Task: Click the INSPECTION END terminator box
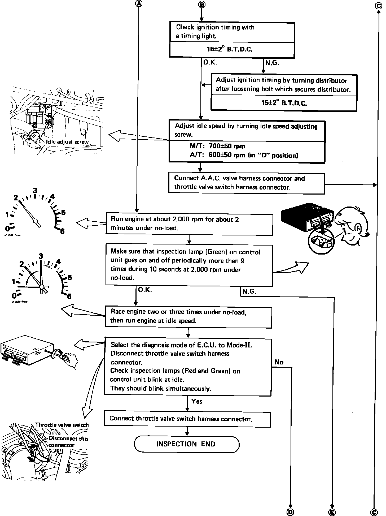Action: tap(187, 444)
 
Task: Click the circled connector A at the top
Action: tap(139, 4)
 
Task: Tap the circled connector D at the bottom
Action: tap(291, 511)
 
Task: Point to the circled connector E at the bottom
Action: tap(332, 511)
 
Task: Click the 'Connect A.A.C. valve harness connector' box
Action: tap(247, 183)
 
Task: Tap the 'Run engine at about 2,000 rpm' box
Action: tap(189, 223)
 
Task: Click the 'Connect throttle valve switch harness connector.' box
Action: tap(187, 419)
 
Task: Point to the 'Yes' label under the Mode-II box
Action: tap(196, 401)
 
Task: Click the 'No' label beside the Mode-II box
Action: tap(279, 362)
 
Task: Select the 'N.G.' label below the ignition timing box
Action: tap(272, 63)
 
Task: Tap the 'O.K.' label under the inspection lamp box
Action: tap(145, 290)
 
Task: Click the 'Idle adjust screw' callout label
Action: tap(67, 142)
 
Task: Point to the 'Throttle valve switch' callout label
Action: tap(62, 425)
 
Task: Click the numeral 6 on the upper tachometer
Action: tap(62, 231)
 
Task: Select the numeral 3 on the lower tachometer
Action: tap(41, 256)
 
